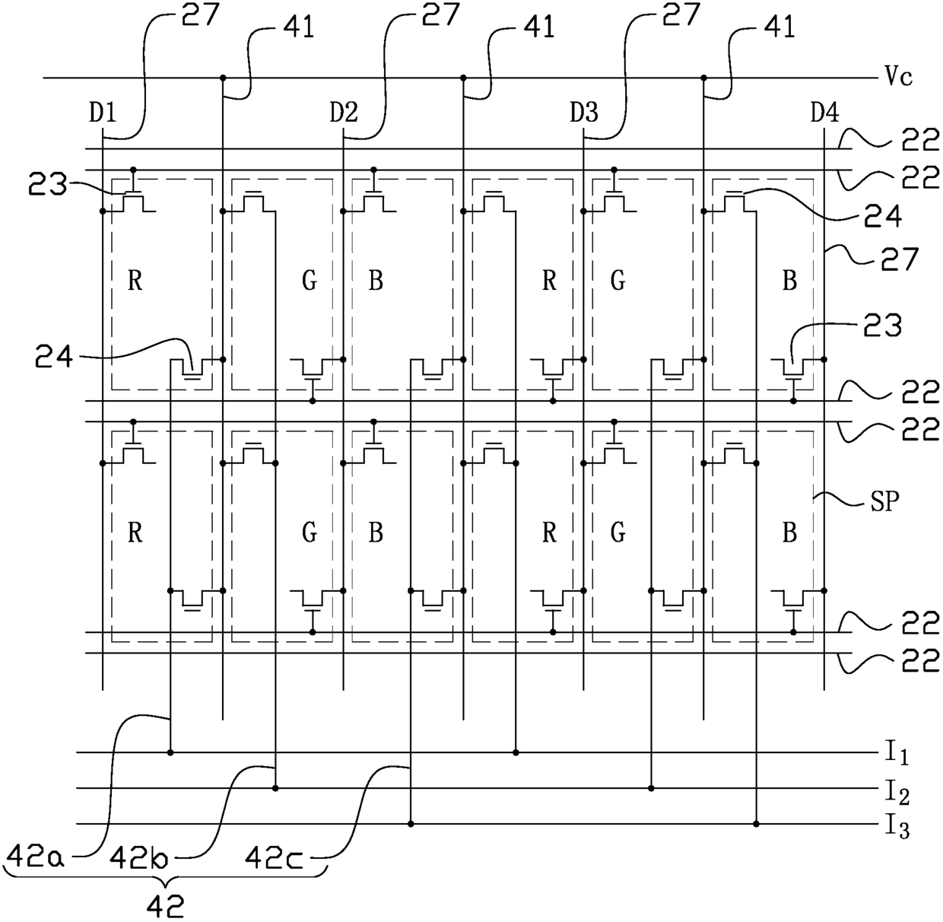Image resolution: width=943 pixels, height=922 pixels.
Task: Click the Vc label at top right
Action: coord(898,77)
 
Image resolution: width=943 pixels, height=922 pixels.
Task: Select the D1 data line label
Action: coord(103,113)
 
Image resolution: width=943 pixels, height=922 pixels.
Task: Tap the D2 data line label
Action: coord(344,113)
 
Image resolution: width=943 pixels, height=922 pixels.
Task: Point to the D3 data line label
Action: coord(584,113)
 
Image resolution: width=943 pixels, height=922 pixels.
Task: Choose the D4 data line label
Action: coord(825,113)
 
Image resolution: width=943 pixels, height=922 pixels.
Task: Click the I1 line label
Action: coord(897,755)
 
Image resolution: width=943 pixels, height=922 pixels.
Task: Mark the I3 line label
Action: coord(897,827)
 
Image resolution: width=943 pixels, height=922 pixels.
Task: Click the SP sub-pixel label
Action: coord(885,501)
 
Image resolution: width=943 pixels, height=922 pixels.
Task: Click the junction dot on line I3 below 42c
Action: coord(411,824)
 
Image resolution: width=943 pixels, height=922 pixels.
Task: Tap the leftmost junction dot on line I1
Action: coord(170,752)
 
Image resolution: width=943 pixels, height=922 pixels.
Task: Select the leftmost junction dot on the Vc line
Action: coord(223,78)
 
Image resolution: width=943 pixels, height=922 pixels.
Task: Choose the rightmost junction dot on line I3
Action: coord(757,824)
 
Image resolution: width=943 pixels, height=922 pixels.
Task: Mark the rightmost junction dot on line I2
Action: coord(651,788)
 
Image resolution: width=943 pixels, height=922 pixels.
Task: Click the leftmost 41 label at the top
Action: coord(298,27)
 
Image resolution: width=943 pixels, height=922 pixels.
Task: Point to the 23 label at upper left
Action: coord(47,184)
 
